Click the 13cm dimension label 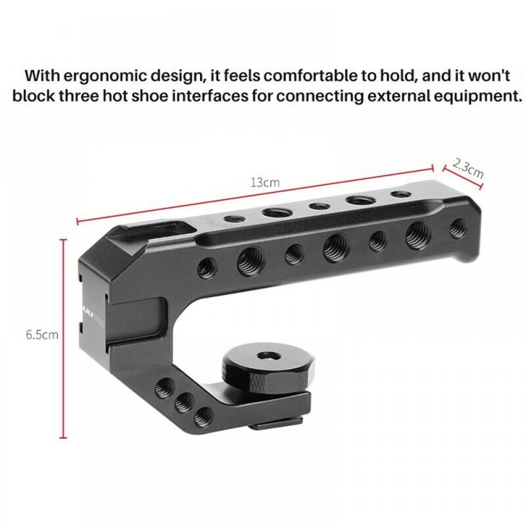point(264,183)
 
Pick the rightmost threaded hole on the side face point(458,227)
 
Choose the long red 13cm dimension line point(255,194)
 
